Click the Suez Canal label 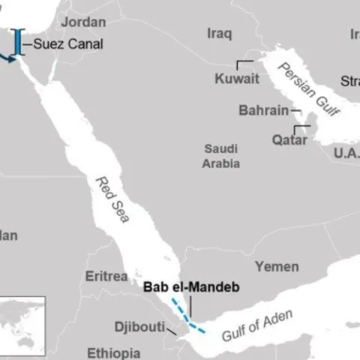pyautogui.click(x=68, y=44)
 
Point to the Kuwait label pyautogui.click(x=237, y=79)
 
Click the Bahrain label pyautogui.click(x=263, y=111)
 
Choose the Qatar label pyautogui.click(x=289, y=139)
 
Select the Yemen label pyautogui.click(x=276, y=266)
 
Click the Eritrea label pyautogui.click(x=106, y=276)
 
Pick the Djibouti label pyautogui.click(x=139, y=327)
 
